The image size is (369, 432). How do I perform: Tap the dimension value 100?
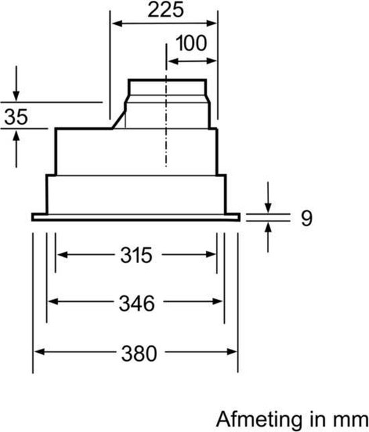(192, 45)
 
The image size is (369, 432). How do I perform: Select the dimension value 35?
(16, 117)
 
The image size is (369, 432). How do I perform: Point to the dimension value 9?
(306, 218)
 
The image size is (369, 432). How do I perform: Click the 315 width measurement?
(137, 256)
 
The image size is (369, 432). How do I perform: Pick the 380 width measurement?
(137, 352)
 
